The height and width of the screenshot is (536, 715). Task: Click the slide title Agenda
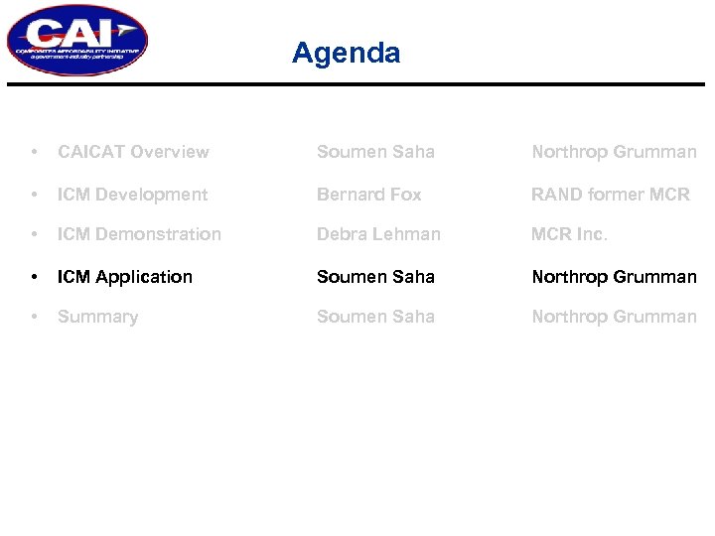click(x=346, y=53)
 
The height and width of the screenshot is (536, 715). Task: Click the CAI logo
click(x=76, y=41)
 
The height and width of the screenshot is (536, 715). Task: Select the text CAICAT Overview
click(x=133, y=152)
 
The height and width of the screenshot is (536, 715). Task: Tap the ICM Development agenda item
click(x=132, y=195)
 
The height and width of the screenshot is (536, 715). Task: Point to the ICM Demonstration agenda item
click(x=139, y=234)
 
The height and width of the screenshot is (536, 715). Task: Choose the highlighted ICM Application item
click(x=125, y=277)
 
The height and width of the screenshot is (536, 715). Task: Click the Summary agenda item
click(x=97, y=317)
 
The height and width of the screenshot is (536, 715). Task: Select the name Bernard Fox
click(x=368, y=195)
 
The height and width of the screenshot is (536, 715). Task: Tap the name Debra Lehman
click(x=378, y=234)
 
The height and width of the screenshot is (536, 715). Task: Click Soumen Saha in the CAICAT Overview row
click(x=375, y=152)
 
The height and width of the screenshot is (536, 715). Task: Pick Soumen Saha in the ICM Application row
click(x=375, y=277)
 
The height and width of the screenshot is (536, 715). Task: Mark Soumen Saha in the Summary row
click(x=375, y=317)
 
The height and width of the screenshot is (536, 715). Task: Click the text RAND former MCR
click(x=610, y=195)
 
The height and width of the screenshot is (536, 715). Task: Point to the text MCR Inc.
click(x=569, y=234)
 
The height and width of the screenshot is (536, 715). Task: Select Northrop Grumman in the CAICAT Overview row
click(x=614, y=152)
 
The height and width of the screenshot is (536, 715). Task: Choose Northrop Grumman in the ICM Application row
click(x=614, y=277)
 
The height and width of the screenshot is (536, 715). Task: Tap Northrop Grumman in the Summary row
click(x=614, y=317)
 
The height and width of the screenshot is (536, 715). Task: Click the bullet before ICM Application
click(x=35, y=277)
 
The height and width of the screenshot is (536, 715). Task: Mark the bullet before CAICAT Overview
click(x=35, y=152)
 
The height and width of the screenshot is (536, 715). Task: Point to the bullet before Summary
click(x=35, y=317)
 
